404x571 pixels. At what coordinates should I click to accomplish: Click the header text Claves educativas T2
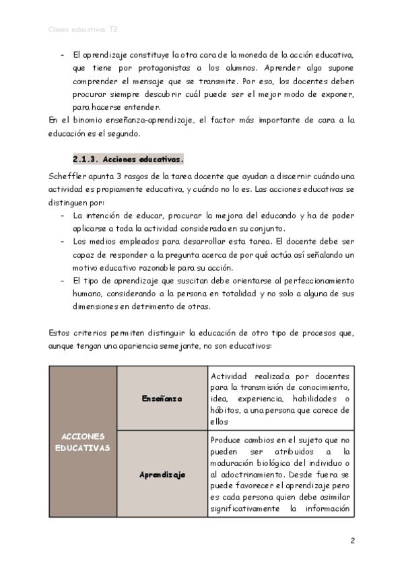click(83, 30)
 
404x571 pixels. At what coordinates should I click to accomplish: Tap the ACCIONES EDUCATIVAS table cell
click(83, 442)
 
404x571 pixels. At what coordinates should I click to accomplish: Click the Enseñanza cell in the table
click(162, 399)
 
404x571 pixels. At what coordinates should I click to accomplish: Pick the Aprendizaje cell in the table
click(162, 475)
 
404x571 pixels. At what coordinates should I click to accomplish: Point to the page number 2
click(352, 540)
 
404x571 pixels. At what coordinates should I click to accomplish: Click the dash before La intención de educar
click(62, 216)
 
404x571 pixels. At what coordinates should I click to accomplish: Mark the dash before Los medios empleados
click(62, 241)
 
